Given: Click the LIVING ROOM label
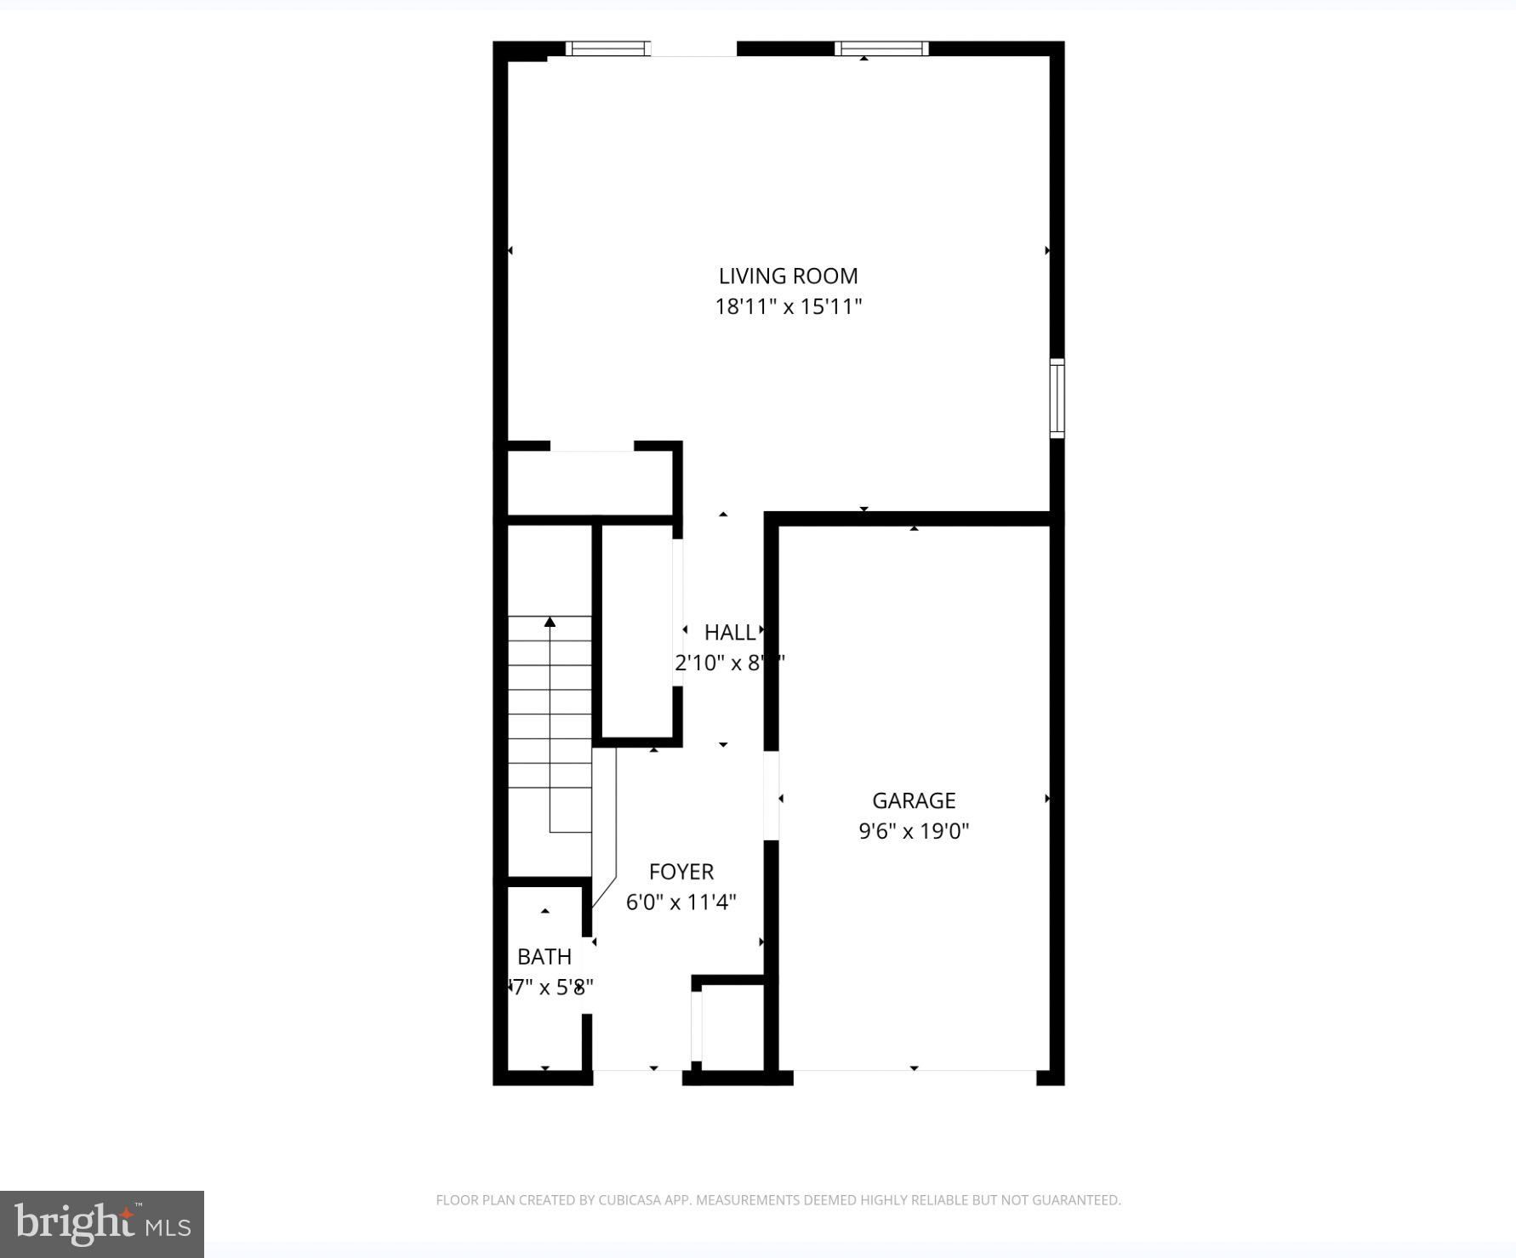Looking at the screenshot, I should (788, 276).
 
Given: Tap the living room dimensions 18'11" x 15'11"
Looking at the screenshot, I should (788, 306).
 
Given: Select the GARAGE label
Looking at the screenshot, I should (914, 800).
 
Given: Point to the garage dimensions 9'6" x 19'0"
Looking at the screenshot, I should (914, 831).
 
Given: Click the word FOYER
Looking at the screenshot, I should (681, 872).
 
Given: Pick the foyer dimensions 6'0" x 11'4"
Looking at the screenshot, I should (681, 902).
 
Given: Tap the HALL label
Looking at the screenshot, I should (729, 633).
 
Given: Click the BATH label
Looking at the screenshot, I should (544, 957).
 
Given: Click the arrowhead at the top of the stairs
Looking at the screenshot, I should (550, 623).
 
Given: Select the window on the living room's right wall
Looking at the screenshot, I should (1057, 398).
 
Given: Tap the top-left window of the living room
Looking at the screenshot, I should (608, 48).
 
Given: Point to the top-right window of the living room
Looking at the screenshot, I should (881, 48).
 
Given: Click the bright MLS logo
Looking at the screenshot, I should (102, 1224).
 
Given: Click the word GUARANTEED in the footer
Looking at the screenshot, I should (1078, 1200).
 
